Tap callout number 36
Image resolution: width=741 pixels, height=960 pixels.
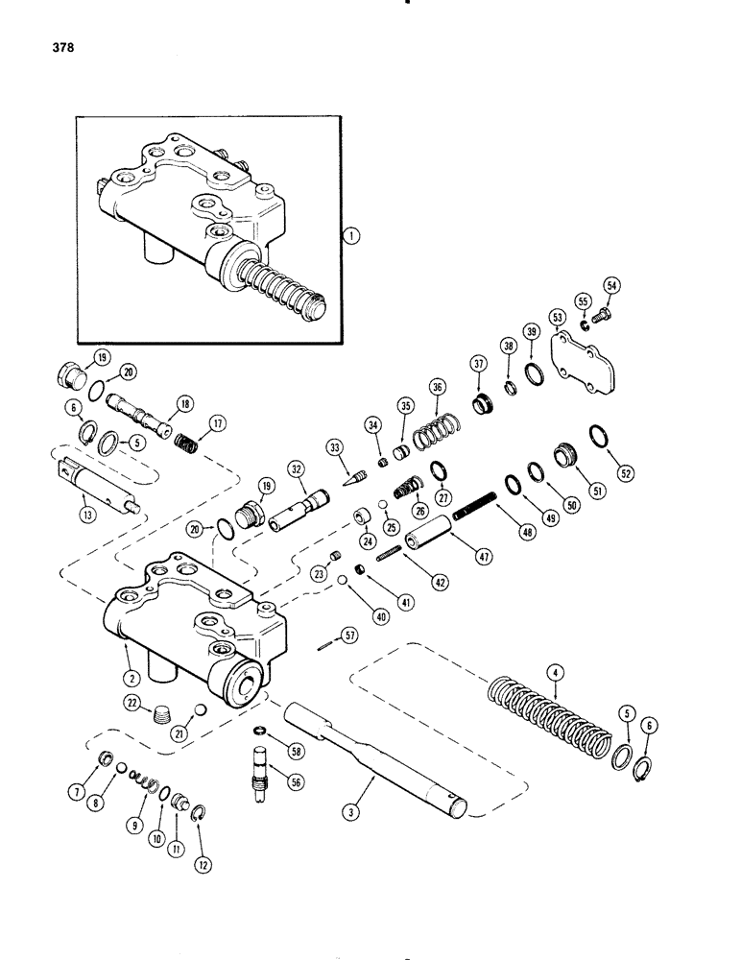(438, 387)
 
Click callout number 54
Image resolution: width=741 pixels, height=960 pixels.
(611, 284)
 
